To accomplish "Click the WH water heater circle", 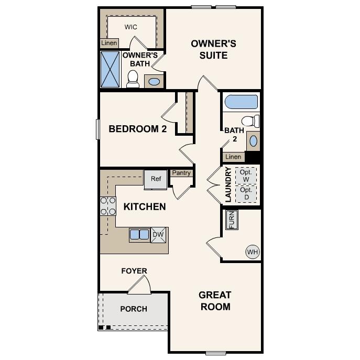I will click(253, 252).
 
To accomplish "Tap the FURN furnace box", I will click(231, 220).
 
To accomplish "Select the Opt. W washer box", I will click(246, 176).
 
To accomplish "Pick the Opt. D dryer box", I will click(246, 193).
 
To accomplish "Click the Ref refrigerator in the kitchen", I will click(156, 179).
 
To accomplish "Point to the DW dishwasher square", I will click(159, 235).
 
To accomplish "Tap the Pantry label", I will click(181, 173).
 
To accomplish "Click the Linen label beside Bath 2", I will click(233, 157).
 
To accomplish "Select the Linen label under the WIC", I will click(109, 43).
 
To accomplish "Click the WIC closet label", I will click(131, 27).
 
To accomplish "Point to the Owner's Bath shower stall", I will click(110, 69).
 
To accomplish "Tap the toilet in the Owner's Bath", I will click(133, 80).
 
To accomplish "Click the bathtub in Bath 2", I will click(241, 102).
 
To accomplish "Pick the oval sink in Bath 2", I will click(254, 140).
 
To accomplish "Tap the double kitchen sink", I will click(139, 235).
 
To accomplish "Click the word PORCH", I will click(134, 309).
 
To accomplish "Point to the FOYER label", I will click(134, 271).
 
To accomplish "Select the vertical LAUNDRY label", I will click(228, 185).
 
